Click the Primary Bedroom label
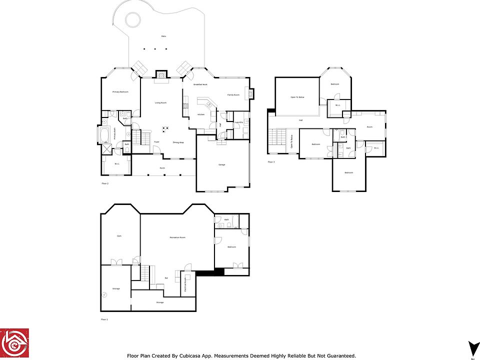pos(120,92)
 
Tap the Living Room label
pos(160,102)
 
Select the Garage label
pos(221,164)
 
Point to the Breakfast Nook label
pos(200,84)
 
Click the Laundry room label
pos(239,122)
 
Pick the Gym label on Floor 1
pos(119,235)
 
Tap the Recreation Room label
pos(177,237)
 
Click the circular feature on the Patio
pos(132,20)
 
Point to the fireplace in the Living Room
pos(161,74)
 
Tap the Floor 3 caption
pos(271,162)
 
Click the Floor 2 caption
pos(105,183)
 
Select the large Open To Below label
pos(297,97)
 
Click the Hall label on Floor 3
pos(301,120)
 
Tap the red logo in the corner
pos(14,343)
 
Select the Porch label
pos(162,168)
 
